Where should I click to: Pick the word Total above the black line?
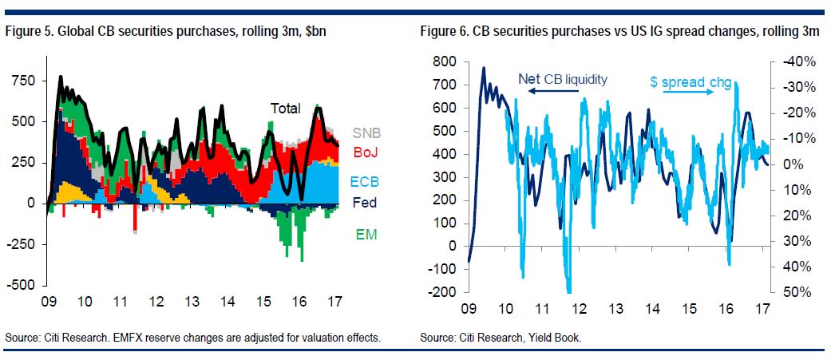coord(285,109)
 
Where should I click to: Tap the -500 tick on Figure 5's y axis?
coord(22,285)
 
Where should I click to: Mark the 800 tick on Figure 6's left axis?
coord(443,61)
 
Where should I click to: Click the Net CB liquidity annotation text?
coord(563,78)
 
